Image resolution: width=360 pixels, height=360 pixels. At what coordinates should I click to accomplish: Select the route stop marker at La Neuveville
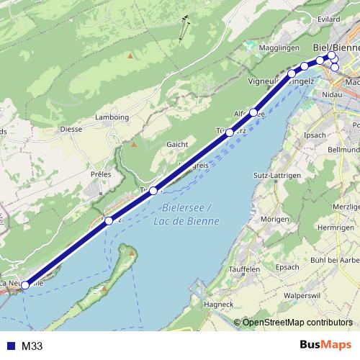[x=25, y=285]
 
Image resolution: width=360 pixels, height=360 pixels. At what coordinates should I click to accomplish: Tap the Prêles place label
[x=102, y=174]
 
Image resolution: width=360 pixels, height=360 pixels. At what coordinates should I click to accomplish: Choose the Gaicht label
[x=177, y=144]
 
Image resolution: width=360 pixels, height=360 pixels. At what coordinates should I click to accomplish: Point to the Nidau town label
[x=333, y=94]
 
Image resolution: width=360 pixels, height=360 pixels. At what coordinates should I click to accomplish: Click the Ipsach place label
[x=315, y=135]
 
